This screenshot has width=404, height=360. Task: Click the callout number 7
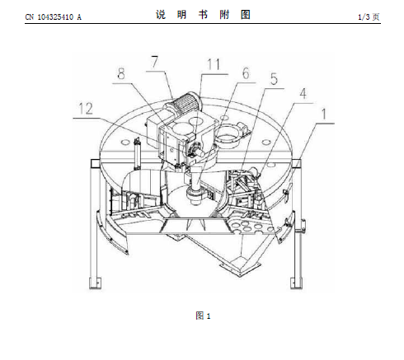pos(155,62)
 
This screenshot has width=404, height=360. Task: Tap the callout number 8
pos(121,73)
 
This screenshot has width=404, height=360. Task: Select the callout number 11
pos(214,65)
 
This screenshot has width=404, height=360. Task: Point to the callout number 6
pos(246,73)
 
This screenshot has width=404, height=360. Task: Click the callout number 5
pos(274,79)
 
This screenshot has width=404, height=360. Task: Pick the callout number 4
pos(303,94)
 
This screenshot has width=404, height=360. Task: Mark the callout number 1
pos(324,114)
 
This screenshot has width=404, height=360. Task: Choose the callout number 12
pos(86,109)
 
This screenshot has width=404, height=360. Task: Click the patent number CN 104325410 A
pos(54,17)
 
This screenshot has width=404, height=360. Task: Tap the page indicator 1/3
pos(364,17)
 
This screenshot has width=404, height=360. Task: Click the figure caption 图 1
pos(203,316)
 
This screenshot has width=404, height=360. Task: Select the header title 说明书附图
pos(203,15)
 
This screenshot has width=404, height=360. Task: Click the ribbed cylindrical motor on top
pos(185,105)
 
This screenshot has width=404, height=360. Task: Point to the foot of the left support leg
pos(95,283)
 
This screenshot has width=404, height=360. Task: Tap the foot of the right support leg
pos(297,283)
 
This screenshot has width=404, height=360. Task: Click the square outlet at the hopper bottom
pos(240,265)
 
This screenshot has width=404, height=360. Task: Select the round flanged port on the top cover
pos(229,135)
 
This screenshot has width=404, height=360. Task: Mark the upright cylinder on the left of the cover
pos(137,153)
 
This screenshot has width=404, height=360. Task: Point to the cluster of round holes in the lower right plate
pos(251,227)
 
